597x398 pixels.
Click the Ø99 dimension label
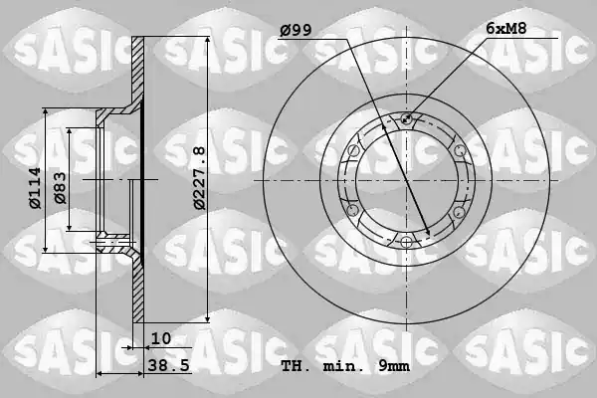296,30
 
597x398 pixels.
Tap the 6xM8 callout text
506,28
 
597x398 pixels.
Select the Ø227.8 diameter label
199,178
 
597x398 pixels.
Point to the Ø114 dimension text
35,188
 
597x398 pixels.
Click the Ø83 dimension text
60,188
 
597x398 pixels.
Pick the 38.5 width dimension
168,366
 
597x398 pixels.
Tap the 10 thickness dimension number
161,338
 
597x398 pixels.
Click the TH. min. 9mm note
345,366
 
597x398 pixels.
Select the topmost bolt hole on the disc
406,118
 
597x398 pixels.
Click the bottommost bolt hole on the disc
406,242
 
